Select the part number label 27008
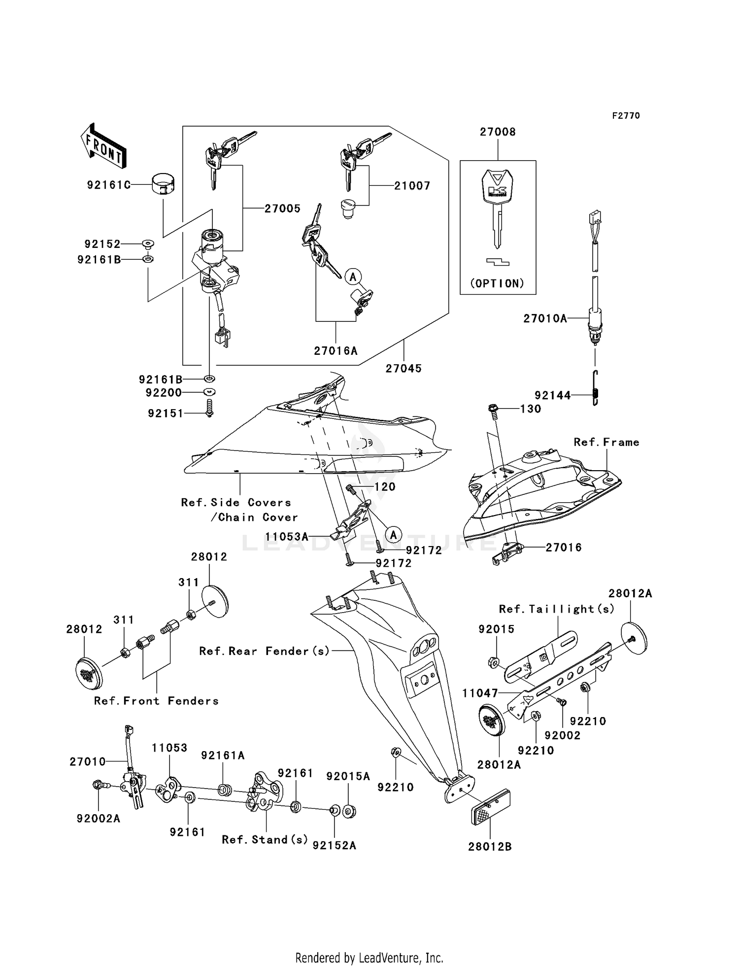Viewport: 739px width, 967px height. (498, 132)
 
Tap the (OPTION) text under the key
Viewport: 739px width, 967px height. (498, 283)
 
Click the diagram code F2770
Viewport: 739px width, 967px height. (626, 116)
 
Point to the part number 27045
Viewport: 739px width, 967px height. (403, 369)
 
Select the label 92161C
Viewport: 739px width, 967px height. (109, 185)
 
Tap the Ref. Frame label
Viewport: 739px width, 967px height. (606, 443)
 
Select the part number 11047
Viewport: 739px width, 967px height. (480, 693)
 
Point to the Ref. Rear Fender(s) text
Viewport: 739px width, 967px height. (264, 651)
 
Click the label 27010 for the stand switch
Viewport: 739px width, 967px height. (88, 762)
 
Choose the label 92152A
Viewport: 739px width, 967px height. (334, 846)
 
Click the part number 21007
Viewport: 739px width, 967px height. (412, 186)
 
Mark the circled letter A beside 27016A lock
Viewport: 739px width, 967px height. (353, 276)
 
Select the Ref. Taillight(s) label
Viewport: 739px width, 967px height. (557, 609)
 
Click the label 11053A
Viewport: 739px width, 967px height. (287, 537)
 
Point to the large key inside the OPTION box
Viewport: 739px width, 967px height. (498, 207)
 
